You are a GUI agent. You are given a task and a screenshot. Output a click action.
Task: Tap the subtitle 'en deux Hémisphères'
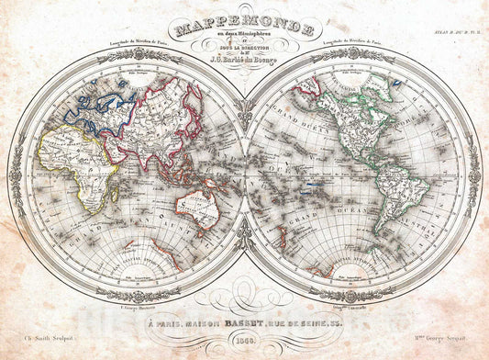point(243,28)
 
